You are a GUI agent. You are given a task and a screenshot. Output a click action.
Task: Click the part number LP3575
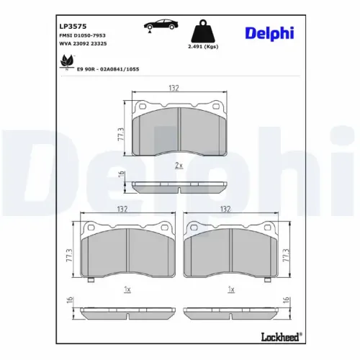72,24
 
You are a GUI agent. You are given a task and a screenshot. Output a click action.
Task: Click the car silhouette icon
161,25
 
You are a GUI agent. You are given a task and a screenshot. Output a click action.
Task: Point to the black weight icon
203,32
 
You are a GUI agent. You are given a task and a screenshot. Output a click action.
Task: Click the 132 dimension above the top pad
174,88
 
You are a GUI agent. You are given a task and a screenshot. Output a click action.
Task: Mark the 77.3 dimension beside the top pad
120,134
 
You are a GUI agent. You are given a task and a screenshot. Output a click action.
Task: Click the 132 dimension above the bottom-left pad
122,210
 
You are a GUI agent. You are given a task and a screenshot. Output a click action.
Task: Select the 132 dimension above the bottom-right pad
225,210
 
